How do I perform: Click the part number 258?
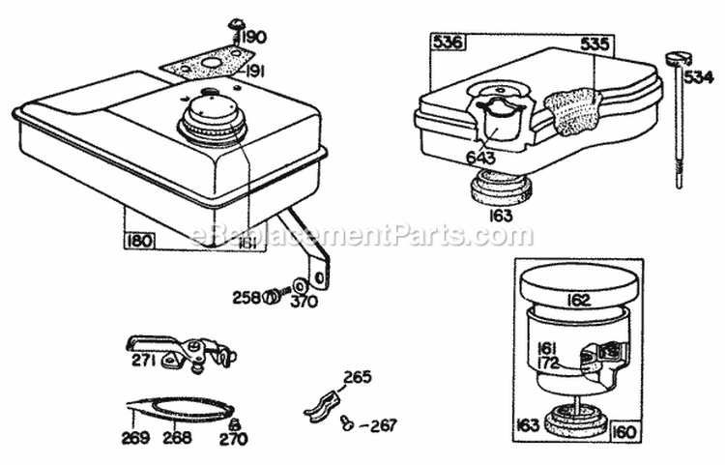(x=246, y=297)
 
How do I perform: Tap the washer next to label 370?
(x=302, y=288)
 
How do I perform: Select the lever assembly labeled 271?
(x=184, y=348)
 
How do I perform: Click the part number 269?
(x=136, y=437)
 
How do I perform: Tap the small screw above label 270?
(x=232, y=421)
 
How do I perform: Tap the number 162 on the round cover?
(x=578, y=300)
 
